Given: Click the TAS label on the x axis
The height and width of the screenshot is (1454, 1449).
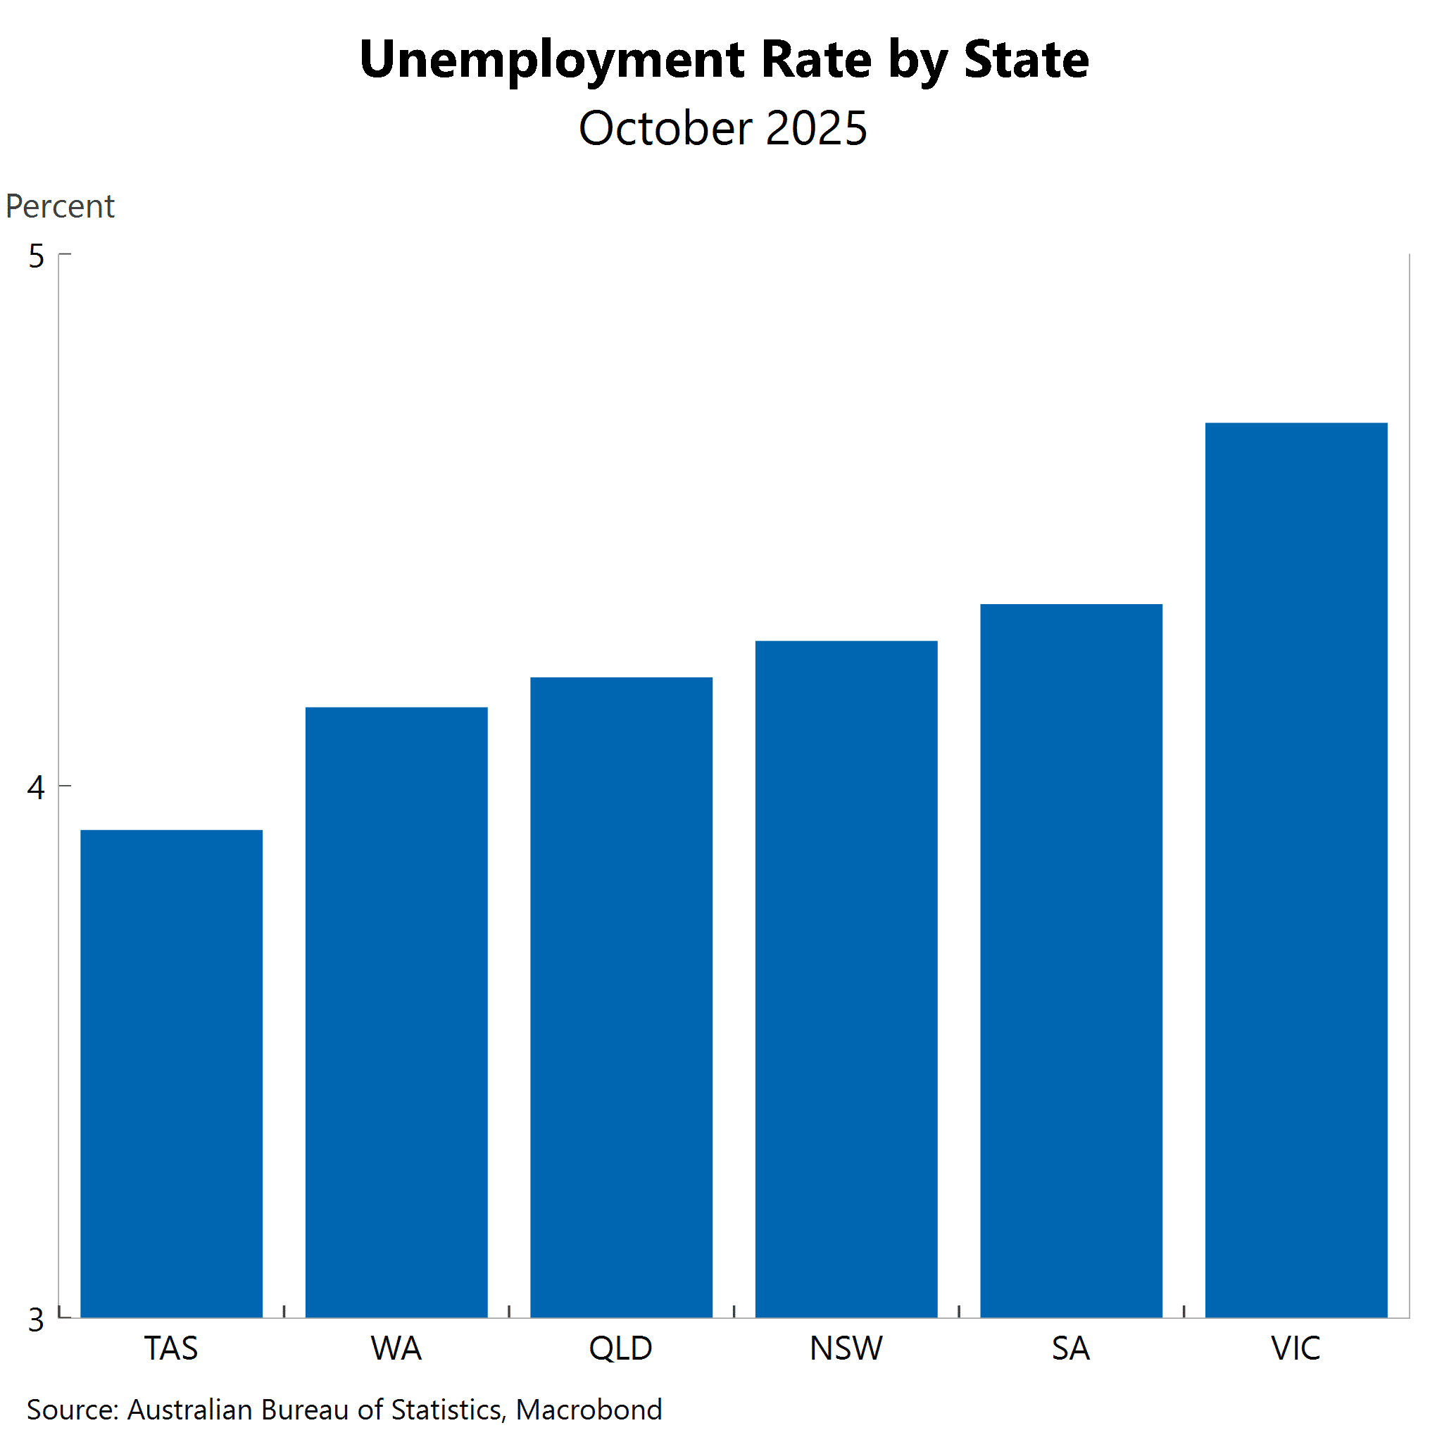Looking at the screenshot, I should pyautogui.click(x=172, y=1348).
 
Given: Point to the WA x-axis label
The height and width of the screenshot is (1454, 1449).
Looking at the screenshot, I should pyautogui.click(x=396, y=1348).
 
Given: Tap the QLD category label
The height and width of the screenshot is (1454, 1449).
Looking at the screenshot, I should pyautogui.click(x=621, y=1348).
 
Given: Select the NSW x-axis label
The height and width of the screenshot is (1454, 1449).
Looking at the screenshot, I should pyautogui.click(x=846, y=1348).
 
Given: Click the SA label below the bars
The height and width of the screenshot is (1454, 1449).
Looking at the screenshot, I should pyautogui.click(x=1071, y=1348).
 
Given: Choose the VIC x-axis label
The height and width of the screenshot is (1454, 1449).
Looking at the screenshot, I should pyautogui.click(x=1296, y=1348).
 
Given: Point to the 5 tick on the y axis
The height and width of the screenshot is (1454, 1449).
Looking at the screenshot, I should pyautogui.click(x=36, y=256).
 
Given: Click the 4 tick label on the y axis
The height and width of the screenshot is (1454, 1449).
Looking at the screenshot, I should pyautogui.click(x=36, y=787).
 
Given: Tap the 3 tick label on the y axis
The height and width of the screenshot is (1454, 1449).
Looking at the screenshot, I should pyautogui.click(x=36, y=1320).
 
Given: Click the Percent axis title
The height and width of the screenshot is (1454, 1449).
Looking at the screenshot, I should pyautogui.click(x=61, y=206).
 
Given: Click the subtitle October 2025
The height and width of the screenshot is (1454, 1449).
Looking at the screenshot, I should pyautogui.click(x=722, y=128).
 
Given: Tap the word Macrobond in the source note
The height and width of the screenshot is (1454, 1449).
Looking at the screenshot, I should pyautogui.click(x=589, y=1410).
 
